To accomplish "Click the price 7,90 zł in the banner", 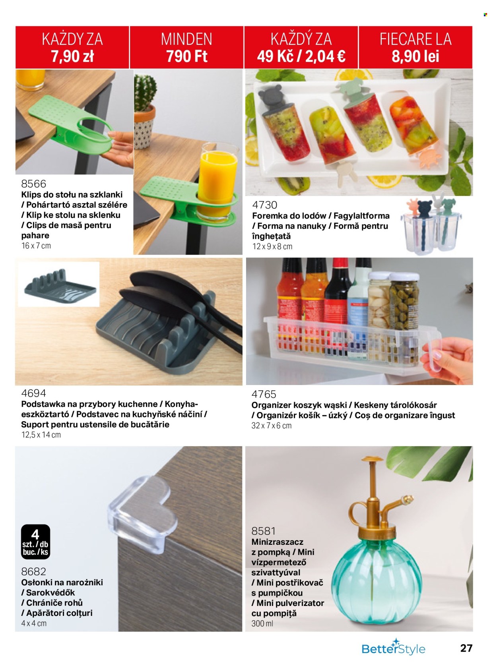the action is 72,56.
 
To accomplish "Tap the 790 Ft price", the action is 187,56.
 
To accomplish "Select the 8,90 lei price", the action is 415,56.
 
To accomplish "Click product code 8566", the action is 34,184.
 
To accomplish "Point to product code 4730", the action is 265,205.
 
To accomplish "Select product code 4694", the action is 34,393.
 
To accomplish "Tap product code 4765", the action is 264,394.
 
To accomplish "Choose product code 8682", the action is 34,571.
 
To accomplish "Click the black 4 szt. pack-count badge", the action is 36,542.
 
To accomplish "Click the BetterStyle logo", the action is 393,648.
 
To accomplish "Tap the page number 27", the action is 466,648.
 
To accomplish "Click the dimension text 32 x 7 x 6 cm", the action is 272,426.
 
